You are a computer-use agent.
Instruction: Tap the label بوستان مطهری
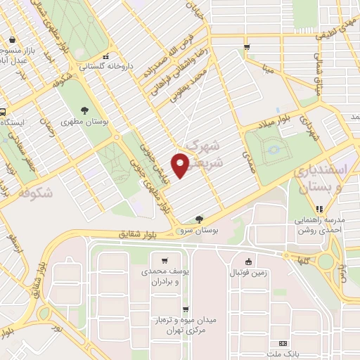tap(84, 122)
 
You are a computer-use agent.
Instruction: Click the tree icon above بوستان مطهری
tap(84, 110)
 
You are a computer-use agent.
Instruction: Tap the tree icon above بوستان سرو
tap(200, 219)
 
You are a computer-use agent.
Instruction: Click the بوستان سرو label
tap(200, 230)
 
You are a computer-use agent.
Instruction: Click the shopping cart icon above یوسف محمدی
tap(164, 259)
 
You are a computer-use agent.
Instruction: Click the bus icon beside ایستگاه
tap(4, 111)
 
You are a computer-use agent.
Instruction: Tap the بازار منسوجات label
tap(15, 51)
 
